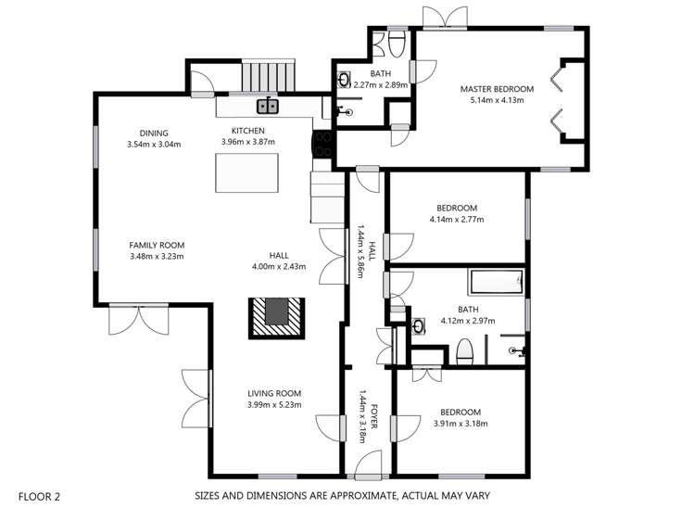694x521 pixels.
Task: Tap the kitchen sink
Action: (266, 105)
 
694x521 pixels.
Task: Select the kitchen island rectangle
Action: (246, 173)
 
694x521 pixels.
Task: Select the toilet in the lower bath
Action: (466, 351)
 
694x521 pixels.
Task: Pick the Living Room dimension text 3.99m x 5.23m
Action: (274, 405)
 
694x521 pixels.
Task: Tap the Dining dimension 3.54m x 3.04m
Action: (154, 145)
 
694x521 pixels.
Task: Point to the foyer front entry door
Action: (366, 460)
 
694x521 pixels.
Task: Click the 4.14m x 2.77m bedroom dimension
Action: (457, 220)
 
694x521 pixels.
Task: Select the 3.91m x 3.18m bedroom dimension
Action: (460, 424)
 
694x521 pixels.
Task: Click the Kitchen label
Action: (248, 131)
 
